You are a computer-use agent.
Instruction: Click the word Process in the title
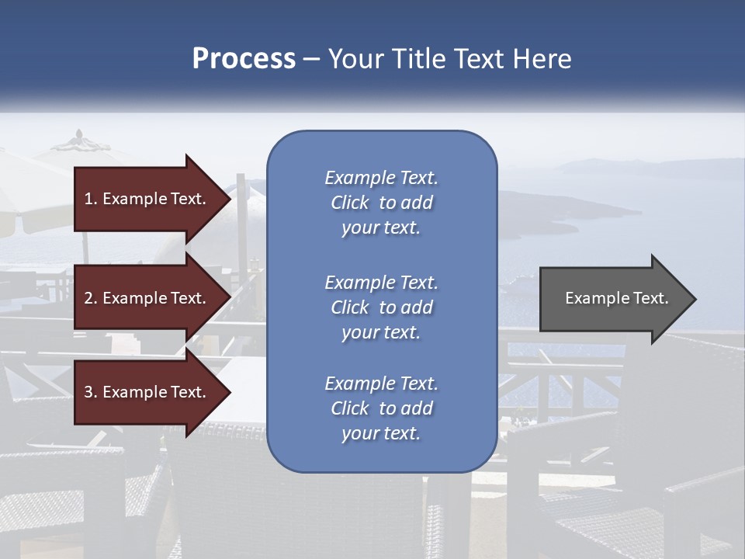coord(244,59)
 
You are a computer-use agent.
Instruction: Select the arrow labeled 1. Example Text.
coord(147,199)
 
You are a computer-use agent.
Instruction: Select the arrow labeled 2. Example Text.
coord(147,298)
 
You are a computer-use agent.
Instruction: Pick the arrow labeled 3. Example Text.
coord(147,392)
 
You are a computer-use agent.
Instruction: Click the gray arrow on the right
coord(613,299)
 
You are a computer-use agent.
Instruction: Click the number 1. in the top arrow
coord(91,199)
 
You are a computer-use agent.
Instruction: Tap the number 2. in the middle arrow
coord(91,298)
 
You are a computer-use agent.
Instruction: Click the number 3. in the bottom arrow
coord(91,392)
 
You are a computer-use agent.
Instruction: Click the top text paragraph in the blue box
coord(381,203)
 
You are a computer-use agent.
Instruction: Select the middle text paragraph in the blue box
coord(381,307)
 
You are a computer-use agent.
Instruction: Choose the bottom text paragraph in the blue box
coord(381,408)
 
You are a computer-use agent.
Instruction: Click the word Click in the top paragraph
coord(350,203)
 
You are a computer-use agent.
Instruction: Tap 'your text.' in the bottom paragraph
coord(381,433)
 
